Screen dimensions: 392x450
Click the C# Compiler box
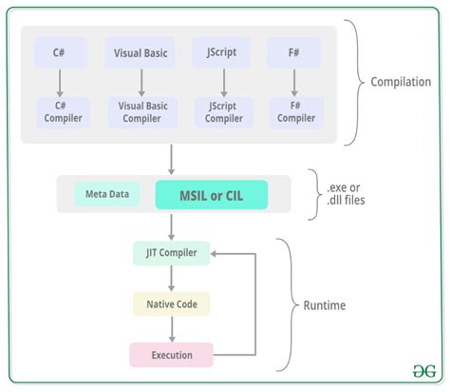(61, 111)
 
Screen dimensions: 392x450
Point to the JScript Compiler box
(223, 112)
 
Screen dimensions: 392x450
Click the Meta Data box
(107, 195)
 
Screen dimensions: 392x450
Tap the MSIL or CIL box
(212, 195)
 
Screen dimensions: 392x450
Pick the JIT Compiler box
(170, 254)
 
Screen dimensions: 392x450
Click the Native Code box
(170, 304)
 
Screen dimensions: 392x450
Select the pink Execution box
(170, 355)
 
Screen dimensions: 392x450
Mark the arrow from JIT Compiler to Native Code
(170, 279)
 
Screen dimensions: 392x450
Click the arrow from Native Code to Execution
(170, 329)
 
